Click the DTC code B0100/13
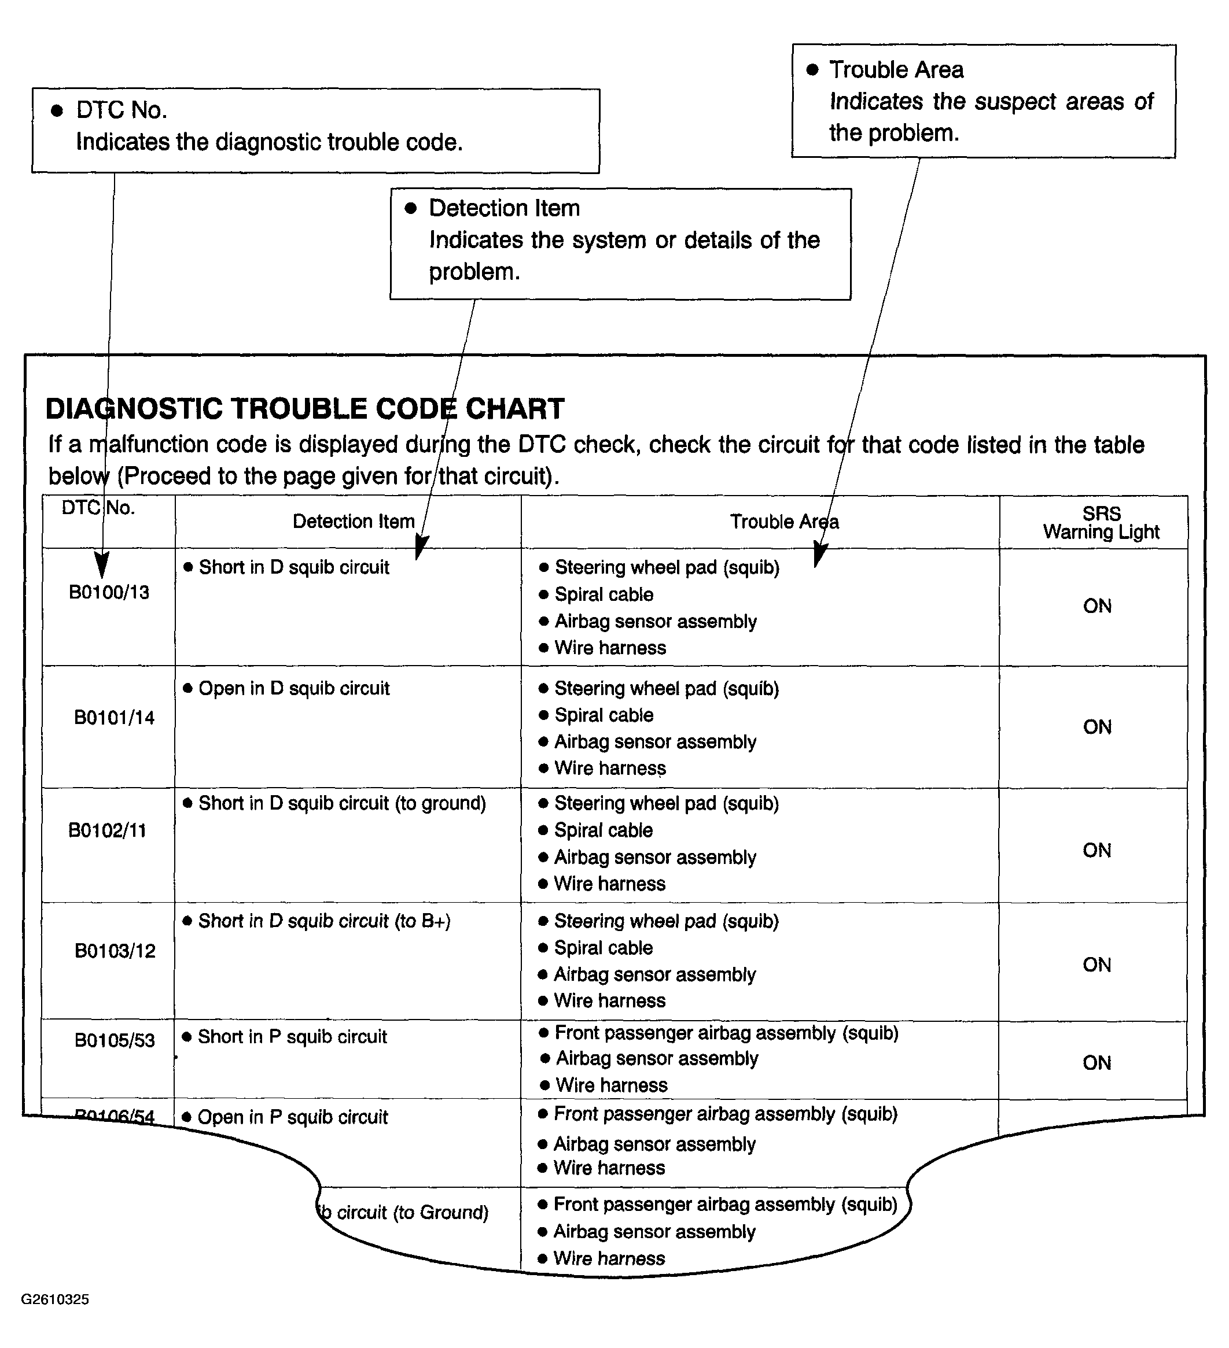[109, 592]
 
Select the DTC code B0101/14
[114, 718]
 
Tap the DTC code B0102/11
[107, 830]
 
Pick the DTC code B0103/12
[115, 951]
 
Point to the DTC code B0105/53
[115, 1040]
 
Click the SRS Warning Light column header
[1101, 523]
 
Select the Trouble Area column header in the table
[784, 522]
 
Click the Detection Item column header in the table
[353, 522]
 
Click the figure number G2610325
[55, 1299]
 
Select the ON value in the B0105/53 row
[1096, 1063]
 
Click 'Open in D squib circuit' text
[294, 689]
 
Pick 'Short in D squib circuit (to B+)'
[325, 921]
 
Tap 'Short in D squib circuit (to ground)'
[342, 803]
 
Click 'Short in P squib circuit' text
[292, 1037]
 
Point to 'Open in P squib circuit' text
[292, 1117]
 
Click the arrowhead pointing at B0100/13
[102, 566]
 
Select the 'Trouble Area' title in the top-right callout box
[896, 69]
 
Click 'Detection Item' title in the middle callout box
[504, 208]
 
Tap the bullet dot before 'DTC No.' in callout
[57, 110]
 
